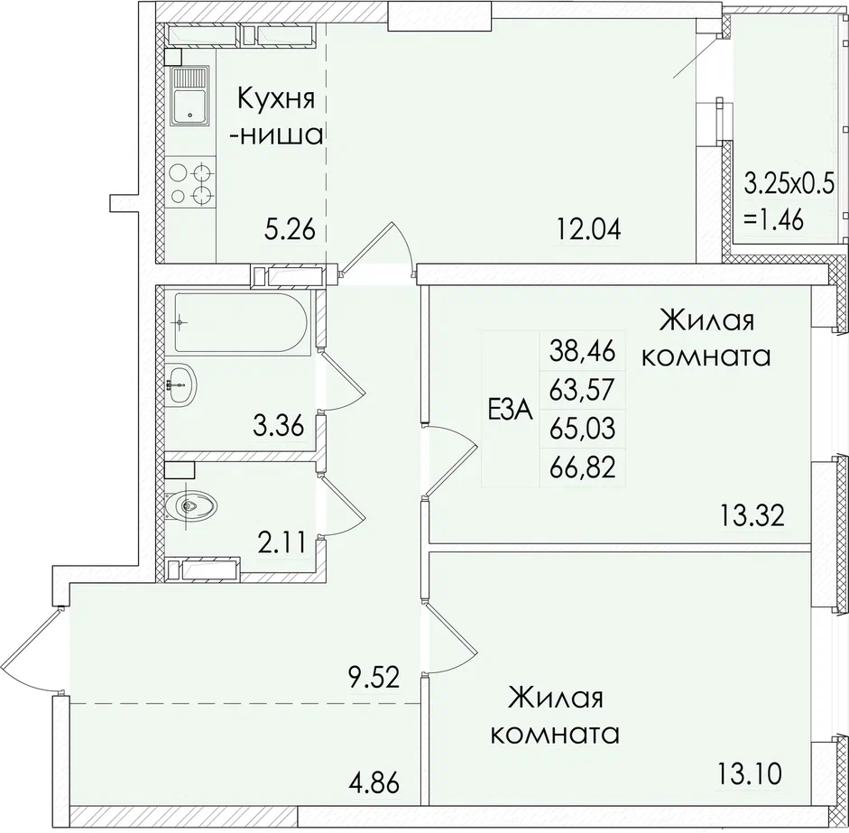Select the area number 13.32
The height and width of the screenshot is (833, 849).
(752, 516)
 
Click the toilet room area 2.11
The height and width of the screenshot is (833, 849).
(281, 542)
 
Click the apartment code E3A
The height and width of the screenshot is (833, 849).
(510, 411)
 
